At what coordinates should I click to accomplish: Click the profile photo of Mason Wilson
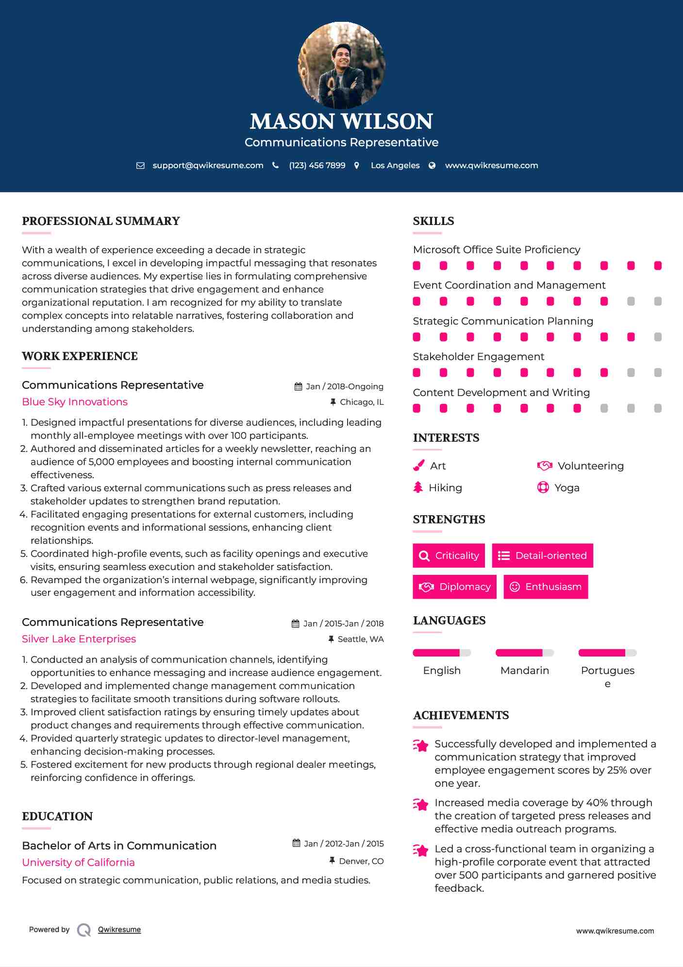pos(341,65)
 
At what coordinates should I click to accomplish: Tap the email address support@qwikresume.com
pos(208,165)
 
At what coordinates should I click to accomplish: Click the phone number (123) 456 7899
pos(317,165)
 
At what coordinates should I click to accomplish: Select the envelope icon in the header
pos(140,165)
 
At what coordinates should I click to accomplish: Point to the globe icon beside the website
pos(432,165)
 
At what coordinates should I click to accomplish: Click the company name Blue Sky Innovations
pos(75,402)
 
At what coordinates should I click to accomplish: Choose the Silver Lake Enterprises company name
pos(79,639)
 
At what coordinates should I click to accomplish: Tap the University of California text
pos(78,862)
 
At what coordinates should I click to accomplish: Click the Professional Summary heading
pos(101,221)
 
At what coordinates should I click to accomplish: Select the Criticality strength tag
pos(449,555)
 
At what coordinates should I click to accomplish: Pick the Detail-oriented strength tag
pos(542,555)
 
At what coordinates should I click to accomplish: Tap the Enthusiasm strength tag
pos(546,587)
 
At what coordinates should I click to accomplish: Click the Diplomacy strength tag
pos(454,587)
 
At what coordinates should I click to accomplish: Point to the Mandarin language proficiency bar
pos(524,653)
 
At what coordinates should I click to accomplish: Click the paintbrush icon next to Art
pos(418,466)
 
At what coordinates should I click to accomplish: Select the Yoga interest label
pos(567,487)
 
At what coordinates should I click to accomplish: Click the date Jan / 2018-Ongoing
pos(344,386)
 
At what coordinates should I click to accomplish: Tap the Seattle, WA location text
pos(360,639)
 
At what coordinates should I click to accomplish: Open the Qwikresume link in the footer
pos(119,930)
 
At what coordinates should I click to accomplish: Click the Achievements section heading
pos(461,715)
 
